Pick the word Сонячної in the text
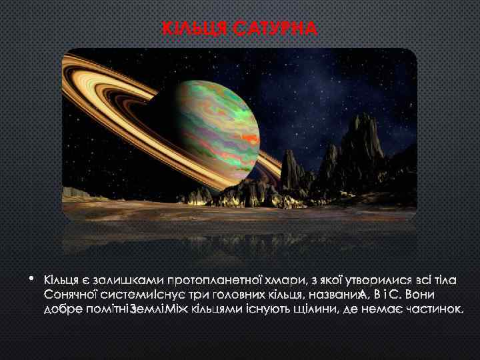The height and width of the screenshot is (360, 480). tap(71, 293)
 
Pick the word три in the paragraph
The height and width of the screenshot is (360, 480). tap(190, 293)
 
